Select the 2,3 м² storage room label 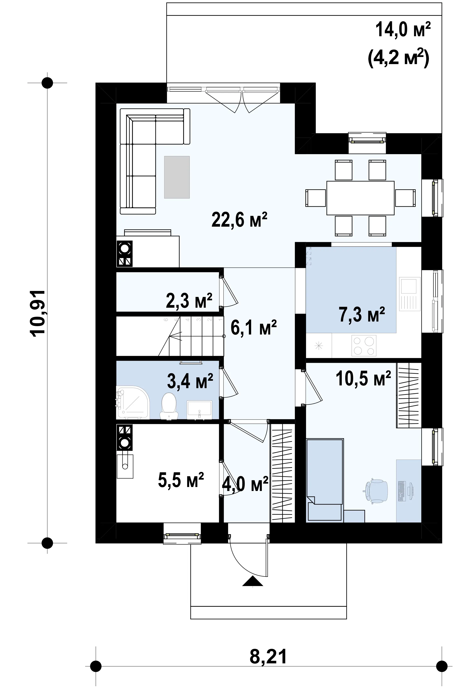(x=189, y=301)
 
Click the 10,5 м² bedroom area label (x=363, y=379)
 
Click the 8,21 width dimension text (x=268, y=649)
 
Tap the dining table (x=360, y=198)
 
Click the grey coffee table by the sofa (x=177, y=177)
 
